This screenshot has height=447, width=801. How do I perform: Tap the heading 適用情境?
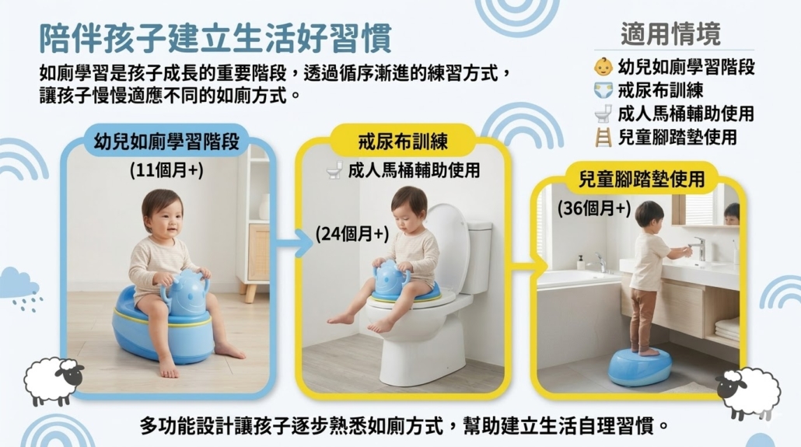tap(670, 34)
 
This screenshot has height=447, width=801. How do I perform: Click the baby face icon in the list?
tap(603, 67)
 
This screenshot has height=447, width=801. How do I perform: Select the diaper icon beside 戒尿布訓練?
tap(603, 90)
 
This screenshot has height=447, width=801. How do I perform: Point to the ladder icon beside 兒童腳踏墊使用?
tap(603, 138)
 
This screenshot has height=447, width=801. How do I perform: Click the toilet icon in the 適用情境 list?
tap(603, 113)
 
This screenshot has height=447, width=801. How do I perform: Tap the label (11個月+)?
tap(166, 170)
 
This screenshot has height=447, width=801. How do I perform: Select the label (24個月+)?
tap(352, 234)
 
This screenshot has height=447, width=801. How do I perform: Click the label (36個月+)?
tap(594, 208)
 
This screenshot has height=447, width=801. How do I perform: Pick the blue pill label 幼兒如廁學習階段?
tap(166, 141)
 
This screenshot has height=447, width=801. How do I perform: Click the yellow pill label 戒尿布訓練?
tap(403, 141)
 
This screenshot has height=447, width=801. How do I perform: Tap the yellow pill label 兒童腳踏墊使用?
tap(641, 179)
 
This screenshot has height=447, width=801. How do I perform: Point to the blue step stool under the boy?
tap(639, 366)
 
